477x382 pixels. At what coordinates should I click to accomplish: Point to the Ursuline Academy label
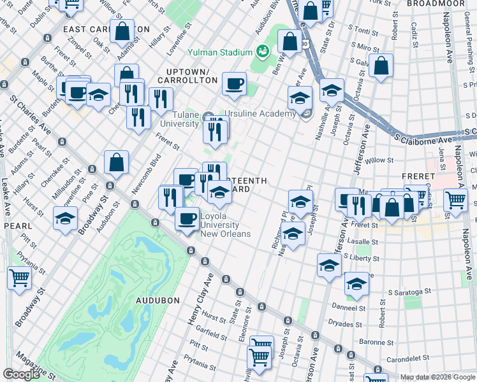click(268, 113)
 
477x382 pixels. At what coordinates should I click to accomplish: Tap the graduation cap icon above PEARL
click(65, 218)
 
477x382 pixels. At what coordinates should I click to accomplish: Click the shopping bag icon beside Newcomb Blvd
click(117, 163)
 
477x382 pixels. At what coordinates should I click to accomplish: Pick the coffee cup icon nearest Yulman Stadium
click(234, 83)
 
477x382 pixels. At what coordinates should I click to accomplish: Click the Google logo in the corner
click(21, 374)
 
